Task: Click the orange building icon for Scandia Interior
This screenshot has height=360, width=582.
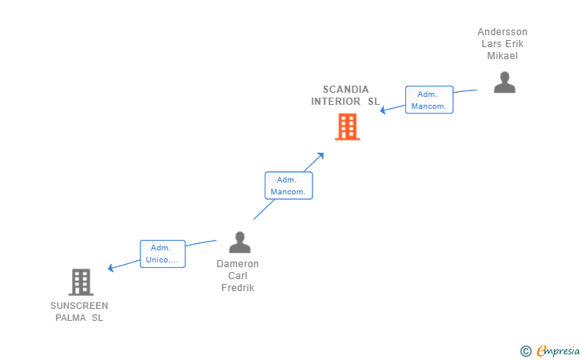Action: coord(348,126)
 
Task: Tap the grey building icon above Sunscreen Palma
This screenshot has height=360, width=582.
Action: coord(81,282)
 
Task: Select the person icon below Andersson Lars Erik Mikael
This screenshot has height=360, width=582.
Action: coord(504,82)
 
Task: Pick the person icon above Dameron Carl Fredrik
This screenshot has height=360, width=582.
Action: coord(240,242)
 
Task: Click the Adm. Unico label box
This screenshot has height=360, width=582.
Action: coord(162,254)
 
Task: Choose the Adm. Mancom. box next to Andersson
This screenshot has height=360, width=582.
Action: coord(429,99)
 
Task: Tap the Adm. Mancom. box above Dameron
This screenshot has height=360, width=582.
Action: coord(289,186)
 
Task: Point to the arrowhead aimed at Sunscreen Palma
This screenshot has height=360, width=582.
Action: coord(110,268)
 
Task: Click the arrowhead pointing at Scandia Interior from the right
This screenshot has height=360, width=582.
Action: coord(383,110)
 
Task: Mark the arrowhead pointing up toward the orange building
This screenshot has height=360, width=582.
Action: coord(321,156)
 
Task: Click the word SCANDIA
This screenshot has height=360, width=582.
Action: coord(345,90)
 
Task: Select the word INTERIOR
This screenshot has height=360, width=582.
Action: coord(336,102)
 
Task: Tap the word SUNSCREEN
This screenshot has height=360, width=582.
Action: coord(79,306)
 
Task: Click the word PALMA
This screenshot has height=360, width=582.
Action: coord(70,318)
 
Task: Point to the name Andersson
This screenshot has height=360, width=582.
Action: coord(502,32)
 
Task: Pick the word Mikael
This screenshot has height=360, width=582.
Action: coord(502,56)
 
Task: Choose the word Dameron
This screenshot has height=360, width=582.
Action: coord(237,264)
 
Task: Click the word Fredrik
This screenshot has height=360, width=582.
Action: coord(237,287)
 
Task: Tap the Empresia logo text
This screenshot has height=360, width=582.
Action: coord(558,350)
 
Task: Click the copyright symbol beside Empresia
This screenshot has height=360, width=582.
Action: coord(526,351)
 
